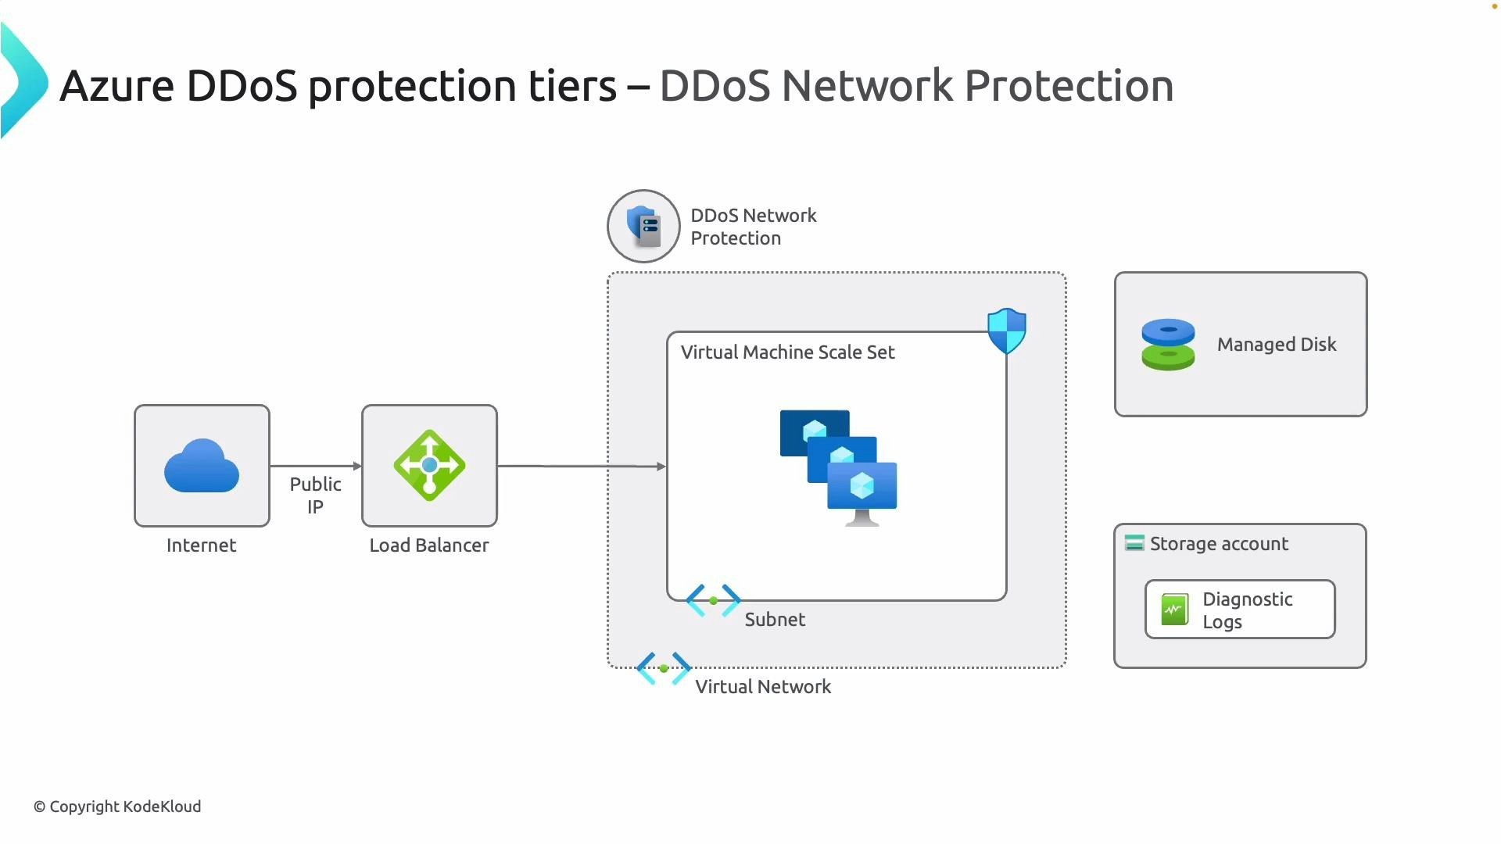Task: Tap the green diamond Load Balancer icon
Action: [x=429, y=466]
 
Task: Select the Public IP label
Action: [x=315, y=495]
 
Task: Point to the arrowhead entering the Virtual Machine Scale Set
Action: [x=661, y=467]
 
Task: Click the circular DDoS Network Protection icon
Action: [x=643, y=227]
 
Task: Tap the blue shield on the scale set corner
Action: [x=1006, y=331]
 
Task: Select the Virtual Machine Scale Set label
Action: [x=787, y=352]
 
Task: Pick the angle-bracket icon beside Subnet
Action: [x=713, y=601]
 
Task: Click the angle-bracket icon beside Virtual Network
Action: [x=664, y=669]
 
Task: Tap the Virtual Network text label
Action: [x=762, y=687]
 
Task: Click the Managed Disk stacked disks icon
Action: [x=1168, y=345]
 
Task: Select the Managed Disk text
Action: [x=1276, y=345]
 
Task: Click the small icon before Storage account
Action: [x=1134, y=543]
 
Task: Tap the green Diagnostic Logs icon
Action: [x=1174, y=610]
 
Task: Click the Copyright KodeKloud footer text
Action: [x=117, y=806]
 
